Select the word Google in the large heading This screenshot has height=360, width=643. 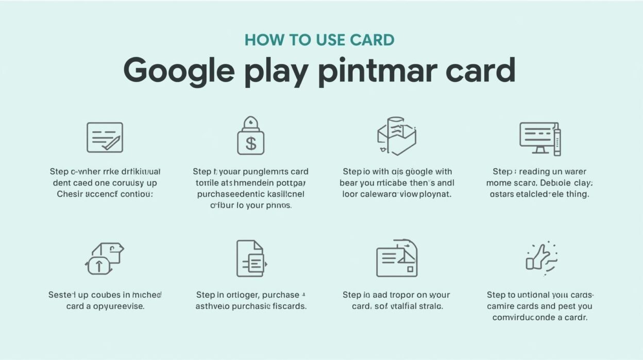coord(178,71)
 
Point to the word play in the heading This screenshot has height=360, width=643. coord(276,72)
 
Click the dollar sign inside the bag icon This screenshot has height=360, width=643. coord(251,143)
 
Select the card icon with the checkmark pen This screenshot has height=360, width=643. coord(105,137)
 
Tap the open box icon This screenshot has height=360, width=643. coord(396,136)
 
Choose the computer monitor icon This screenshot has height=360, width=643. coord(539,138)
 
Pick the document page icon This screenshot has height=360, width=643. coord(250,258)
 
